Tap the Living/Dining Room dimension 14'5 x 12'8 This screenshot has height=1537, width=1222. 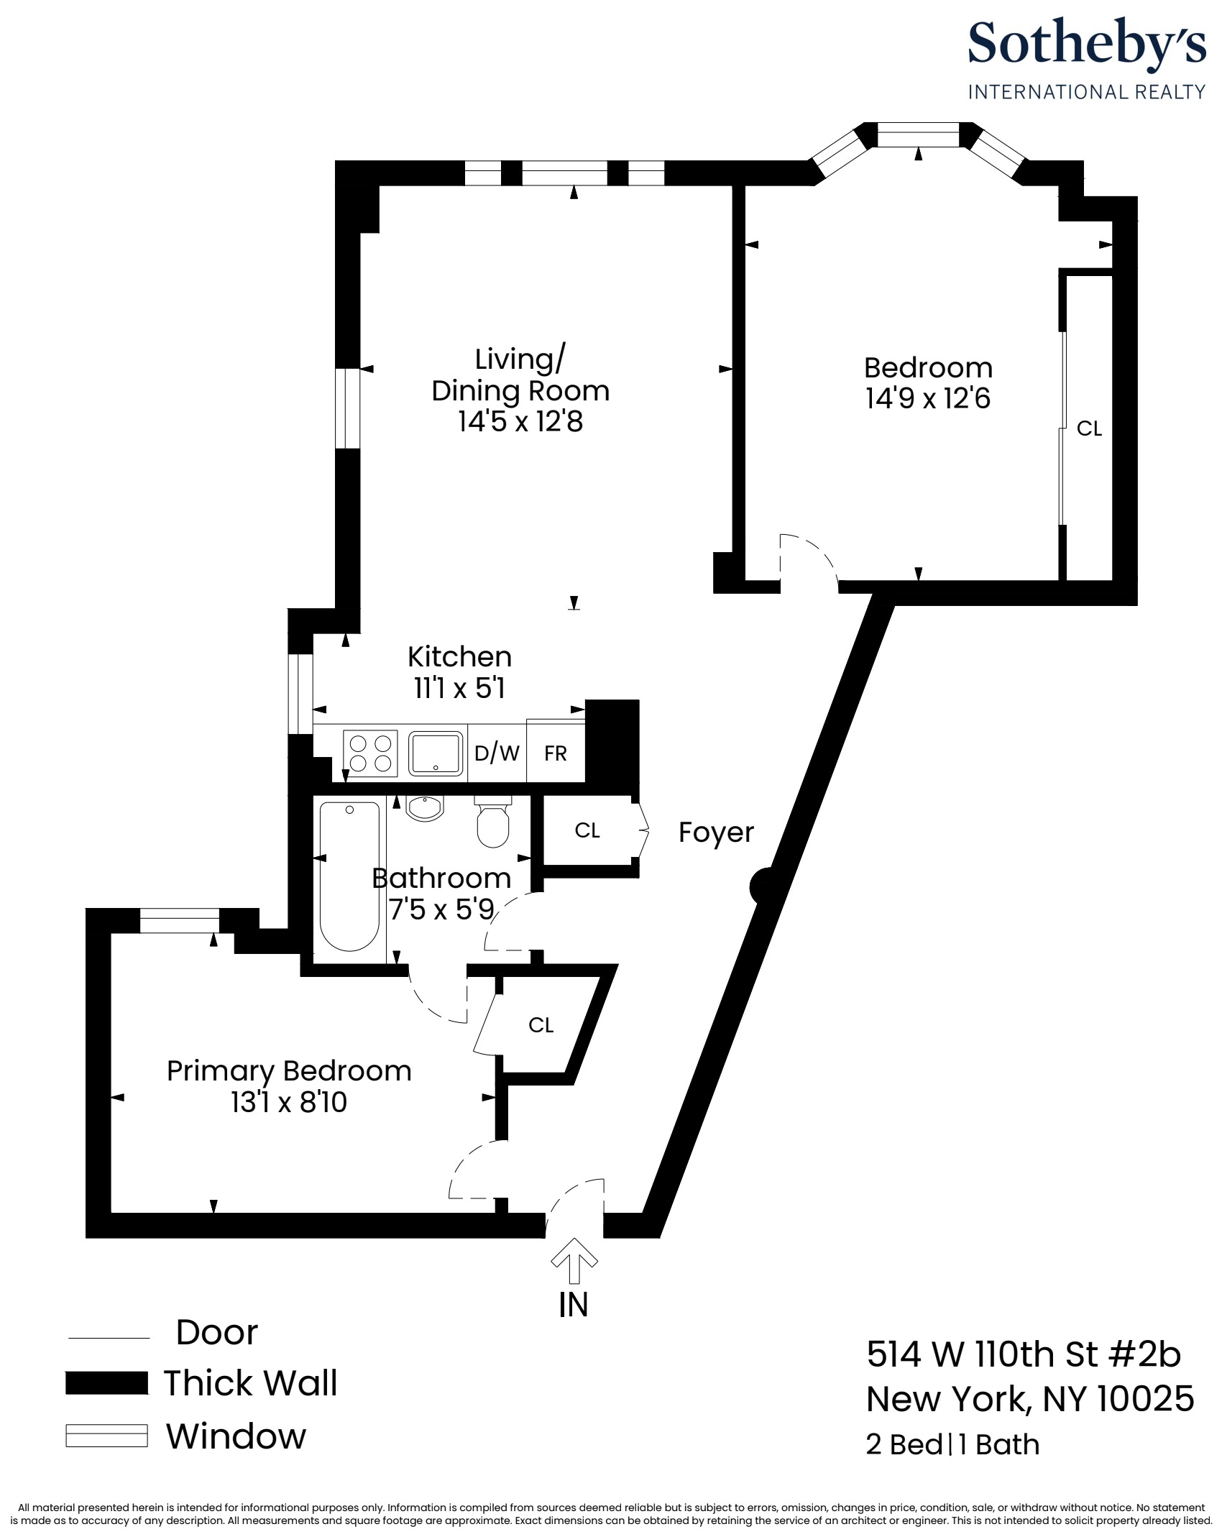pyautogui.click(x=520, y=421)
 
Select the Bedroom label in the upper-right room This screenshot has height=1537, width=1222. pyautogui.click(x=928, y=367)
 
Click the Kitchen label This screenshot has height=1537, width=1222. pyautogui.click(x=459, y=656)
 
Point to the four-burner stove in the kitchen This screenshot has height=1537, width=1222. pyautogui.click(x=370, y=753)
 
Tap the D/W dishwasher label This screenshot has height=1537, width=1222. pyautogui.click(x=497, y=753)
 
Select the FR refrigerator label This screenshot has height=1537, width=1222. pyautogui.click(x=556, y=753)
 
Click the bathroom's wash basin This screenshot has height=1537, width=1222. pyautogui.click(x=426, y=807)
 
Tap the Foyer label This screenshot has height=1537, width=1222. pyautogui.click(x=716, y=832)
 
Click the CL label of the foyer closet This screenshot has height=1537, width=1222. pyautogui.click(x=587, y=830)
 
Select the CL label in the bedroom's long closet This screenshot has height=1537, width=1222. pyautogui.click(x=1089, y=428)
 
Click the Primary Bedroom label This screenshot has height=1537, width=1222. pyautogui.click(x=289, y=1070)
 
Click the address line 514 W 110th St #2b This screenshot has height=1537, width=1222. pyautogui.click(x=1024, y=1354)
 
